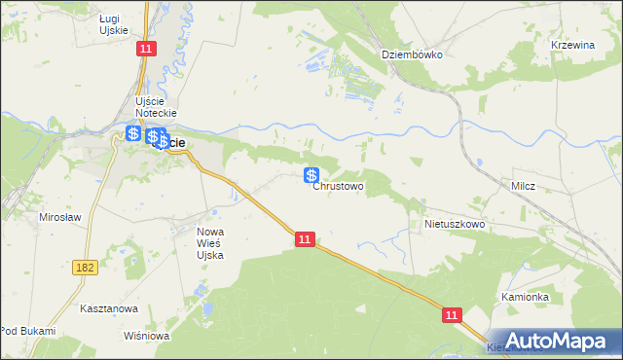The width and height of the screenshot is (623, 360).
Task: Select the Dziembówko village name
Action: point(412,54)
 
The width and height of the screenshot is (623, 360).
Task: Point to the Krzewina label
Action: point(573,46)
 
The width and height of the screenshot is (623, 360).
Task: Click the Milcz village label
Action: point(524,186)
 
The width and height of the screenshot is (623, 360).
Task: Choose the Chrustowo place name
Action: point(338,186)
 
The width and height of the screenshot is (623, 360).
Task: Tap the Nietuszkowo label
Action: point(455,224)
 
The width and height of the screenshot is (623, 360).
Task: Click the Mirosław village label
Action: point(59,217)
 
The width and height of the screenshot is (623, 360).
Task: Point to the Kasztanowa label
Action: point(108,308)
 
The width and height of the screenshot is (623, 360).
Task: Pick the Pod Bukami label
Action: point(27,332)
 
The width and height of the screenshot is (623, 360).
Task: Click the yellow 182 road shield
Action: point(84,265)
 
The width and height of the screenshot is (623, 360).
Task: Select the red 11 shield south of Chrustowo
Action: point(305,238)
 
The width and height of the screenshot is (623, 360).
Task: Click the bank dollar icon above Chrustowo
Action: point(311,175)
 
